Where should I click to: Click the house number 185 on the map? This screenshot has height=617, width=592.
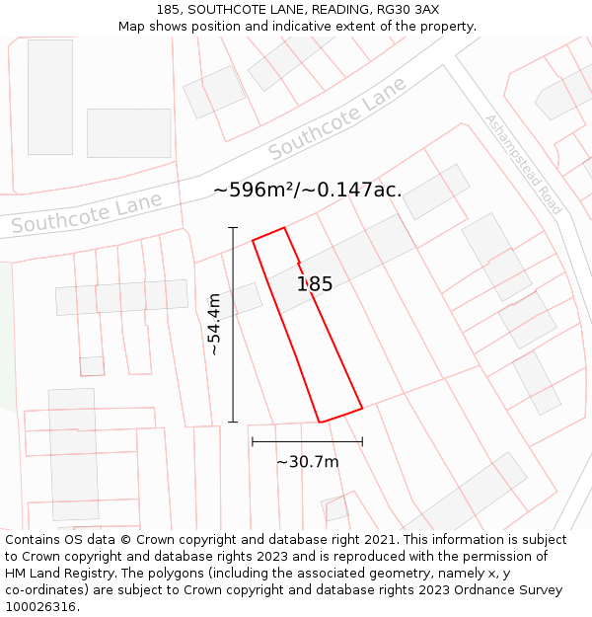click(315, 284)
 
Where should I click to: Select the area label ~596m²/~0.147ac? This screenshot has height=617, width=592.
click(308, 190)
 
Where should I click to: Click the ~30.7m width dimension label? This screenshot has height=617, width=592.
click(307, 462)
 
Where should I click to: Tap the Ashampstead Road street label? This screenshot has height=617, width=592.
click(522, 165)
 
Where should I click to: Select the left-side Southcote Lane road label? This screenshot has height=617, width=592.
click(87, 214)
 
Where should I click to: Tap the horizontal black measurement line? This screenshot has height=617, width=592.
click(307, 441)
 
